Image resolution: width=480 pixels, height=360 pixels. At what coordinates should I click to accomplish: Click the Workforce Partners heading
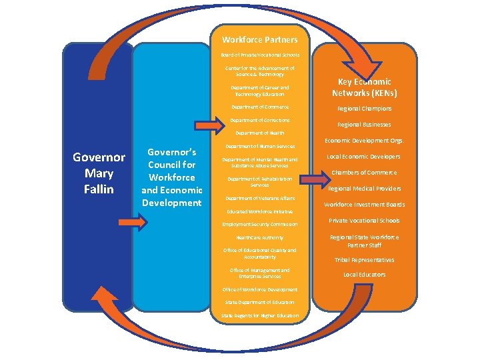point(260,40)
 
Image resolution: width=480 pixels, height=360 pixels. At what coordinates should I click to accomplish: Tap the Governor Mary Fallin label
point(99,173)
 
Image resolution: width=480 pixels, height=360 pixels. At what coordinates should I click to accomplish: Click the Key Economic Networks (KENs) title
point(364,87)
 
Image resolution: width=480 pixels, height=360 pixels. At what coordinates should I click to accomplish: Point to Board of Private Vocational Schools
point(260,55)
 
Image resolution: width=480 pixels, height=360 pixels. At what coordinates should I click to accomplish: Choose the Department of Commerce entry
point(260,107)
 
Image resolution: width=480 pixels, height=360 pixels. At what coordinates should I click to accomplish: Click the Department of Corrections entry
point(260,120)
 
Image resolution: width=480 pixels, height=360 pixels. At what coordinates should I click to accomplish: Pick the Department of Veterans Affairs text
point(260,198)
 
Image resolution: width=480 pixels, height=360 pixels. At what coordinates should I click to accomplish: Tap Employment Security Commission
point(260,224)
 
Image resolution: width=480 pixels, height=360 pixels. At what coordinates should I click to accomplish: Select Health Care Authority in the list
point(260,237)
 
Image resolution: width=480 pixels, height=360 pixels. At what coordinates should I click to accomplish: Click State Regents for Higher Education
point(260,315)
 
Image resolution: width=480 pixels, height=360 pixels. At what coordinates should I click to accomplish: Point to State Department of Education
point(260,302)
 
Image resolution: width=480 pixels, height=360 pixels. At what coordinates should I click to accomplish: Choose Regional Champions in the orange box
point(364,109)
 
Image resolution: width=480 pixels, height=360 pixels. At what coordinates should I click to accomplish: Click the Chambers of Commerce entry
point(364,173)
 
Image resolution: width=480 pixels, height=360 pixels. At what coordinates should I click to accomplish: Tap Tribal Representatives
point(364,260)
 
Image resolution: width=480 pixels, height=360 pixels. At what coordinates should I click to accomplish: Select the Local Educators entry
point(364,275)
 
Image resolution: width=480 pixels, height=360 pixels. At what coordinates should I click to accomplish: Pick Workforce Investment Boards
point(364,205)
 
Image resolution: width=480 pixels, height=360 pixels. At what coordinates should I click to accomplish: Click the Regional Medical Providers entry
point(364,189)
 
